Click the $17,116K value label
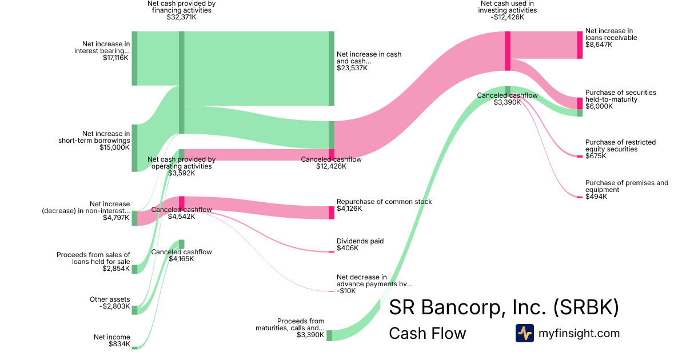coord(115,58)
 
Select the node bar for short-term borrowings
coord(135,148)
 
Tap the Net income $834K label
coord(111,341)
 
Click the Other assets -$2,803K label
coord(110,303)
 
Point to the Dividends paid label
coord(360,241)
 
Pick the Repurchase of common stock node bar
coord(332,213)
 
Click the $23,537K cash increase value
coord(352,68)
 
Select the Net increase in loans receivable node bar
coord(580,45)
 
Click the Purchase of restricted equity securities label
coord(620,146)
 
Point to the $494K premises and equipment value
coord(596,197)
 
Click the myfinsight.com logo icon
coord(524,333)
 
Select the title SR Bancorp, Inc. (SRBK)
coord(504,307)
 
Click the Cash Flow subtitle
coord(427,333)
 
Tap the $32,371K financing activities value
coord(181,17)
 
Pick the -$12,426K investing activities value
coord(507,17)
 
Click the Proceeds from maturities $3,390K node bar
coord(329,335)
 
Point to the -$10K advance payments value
coord(346,291)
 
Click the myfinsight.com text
coord(579,333)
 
